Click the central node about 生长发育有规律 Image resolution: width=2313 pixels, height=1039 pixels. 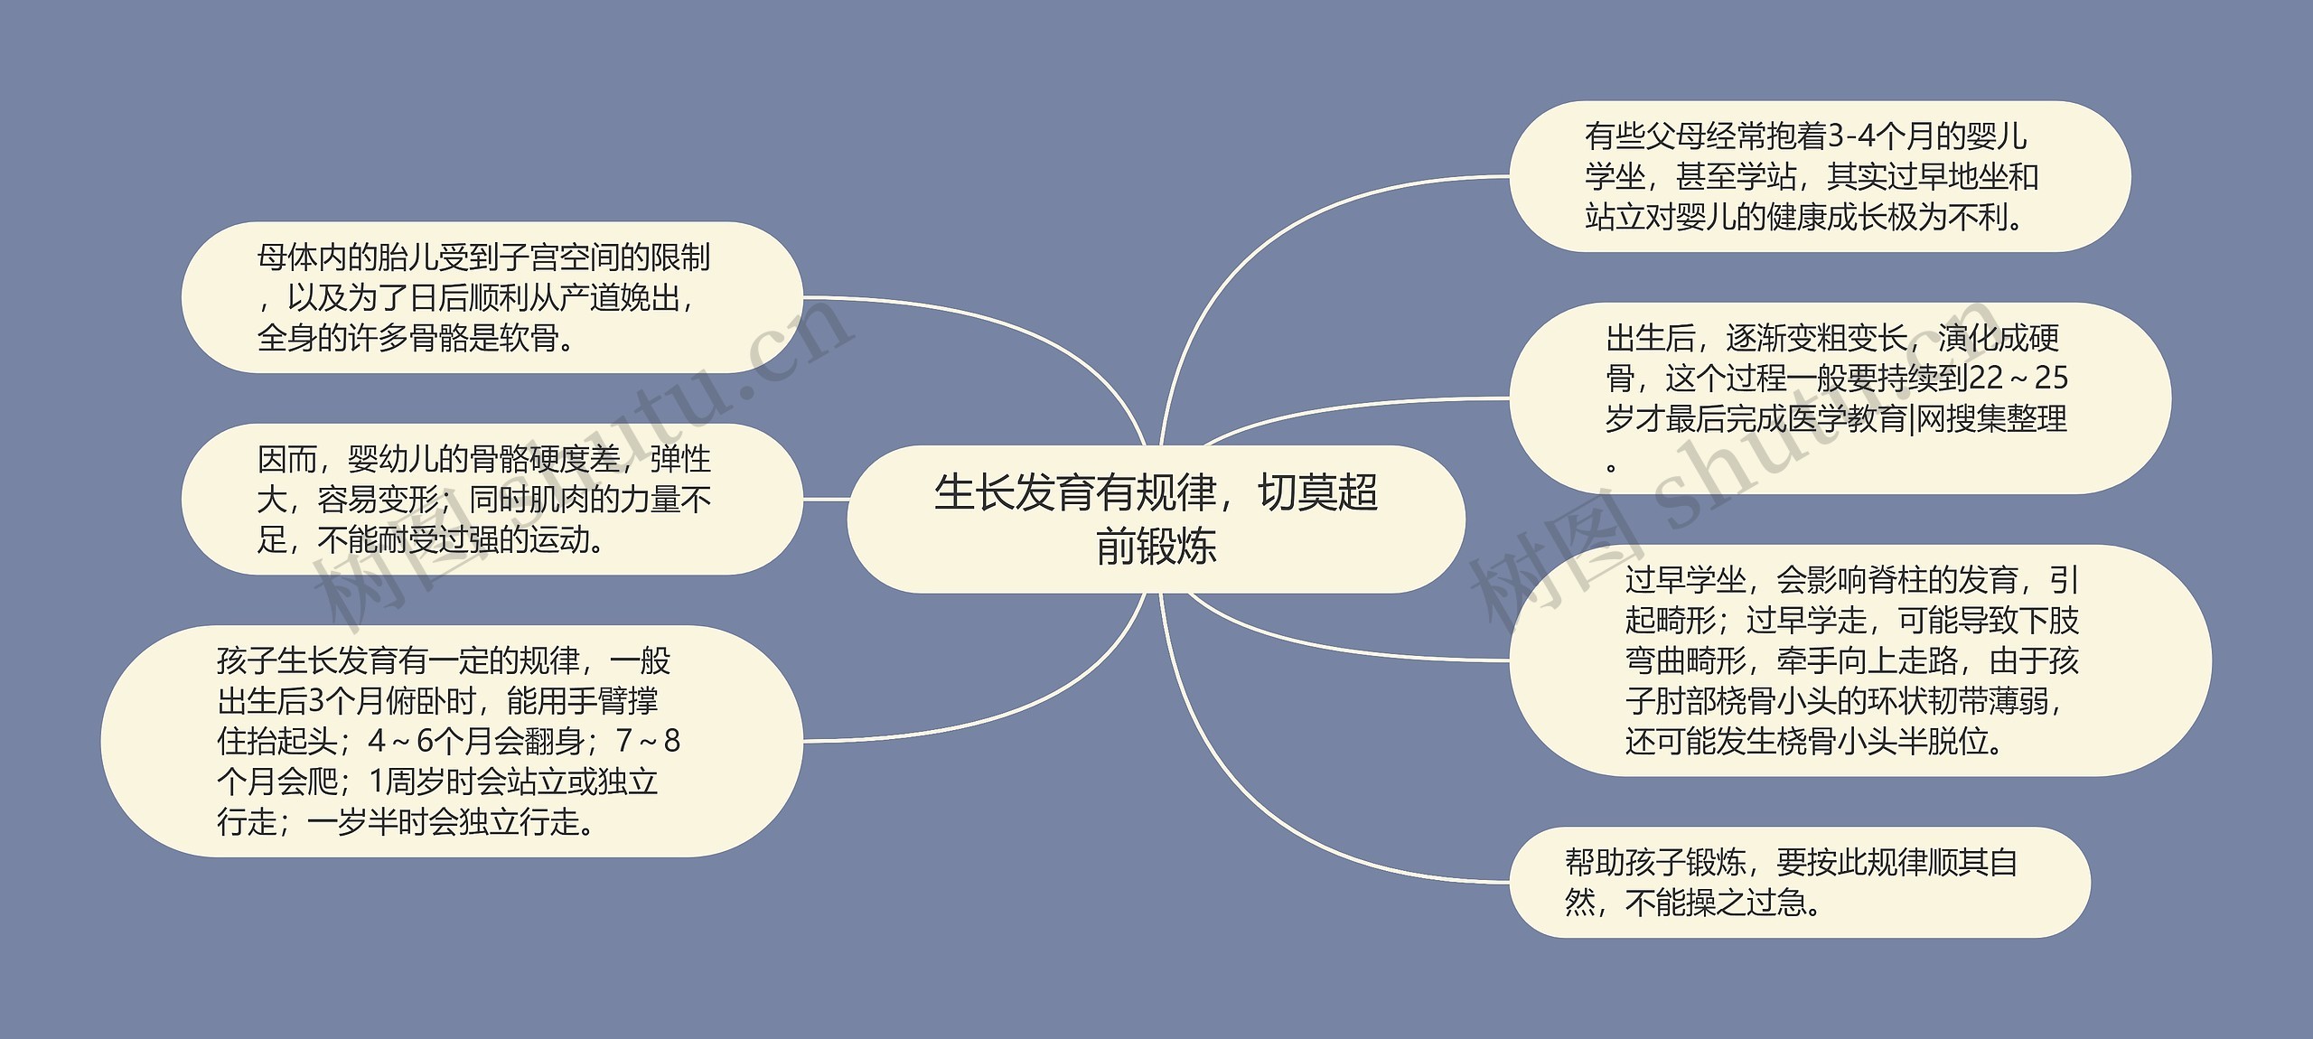coord(1156,519)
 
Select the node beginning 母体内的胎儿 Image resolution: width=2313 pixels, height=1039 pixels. coord(492,297)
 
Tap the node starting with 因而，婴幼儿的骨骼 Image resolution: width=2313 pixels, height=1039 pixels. coord(492,499)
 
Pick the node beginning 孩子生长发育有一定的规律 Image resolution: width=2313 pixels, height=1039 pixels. coord(452,741)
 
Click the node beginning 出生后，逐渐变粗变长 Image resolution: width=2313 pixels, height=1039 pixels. coord(1839,398)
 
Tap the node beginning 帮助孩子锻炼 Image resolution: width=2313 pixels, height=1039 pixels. coord(1799,883)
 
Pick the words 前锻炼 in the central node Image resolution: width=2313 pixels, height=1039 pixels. coord(1156,546)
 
